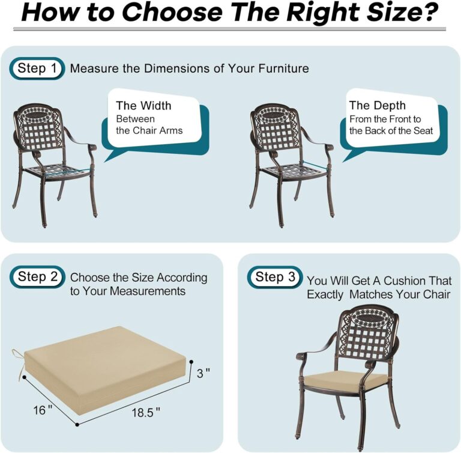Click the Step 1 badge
tap(36, 68)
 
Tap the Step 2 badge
tap(37, 277)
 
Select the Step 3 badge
tap(275, 277)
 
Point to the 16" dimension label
tap(43, 410)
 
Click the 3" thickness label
tap(204, 374)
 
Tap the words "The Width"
tap(143, 106)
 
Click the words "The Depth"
tap(378, 106)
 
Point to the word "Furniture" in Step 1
tap(283, 68)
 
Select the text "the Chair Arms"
tap(149, 130)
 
